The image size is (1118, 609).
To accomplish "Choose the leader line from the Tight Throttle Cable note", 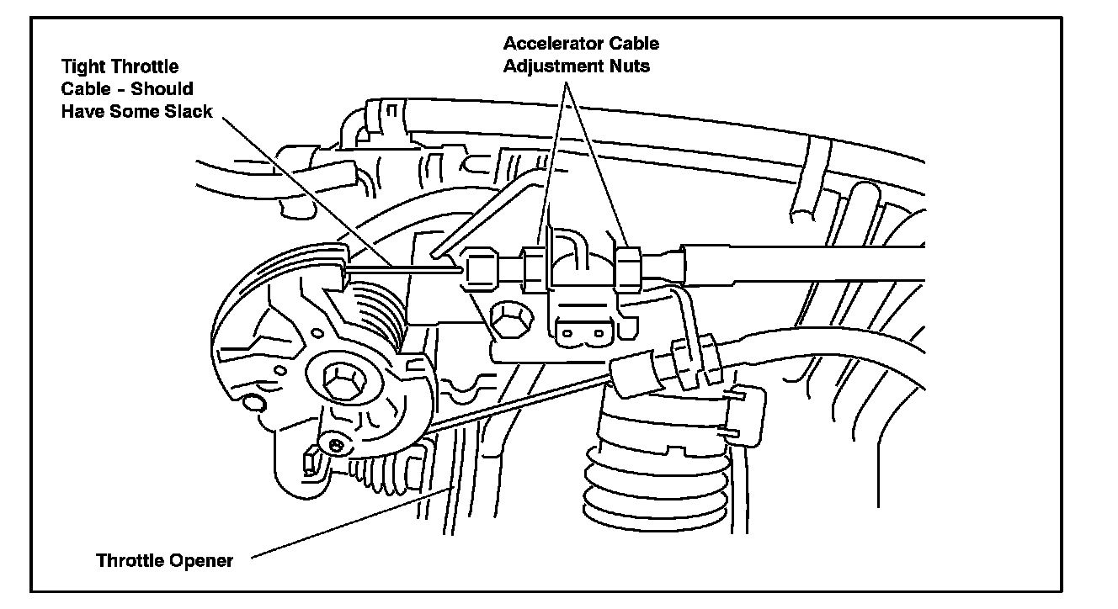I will click(x=303, y=185).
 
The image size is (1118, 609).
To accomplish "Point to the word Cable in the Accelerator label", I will click(x=636, y=44).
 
